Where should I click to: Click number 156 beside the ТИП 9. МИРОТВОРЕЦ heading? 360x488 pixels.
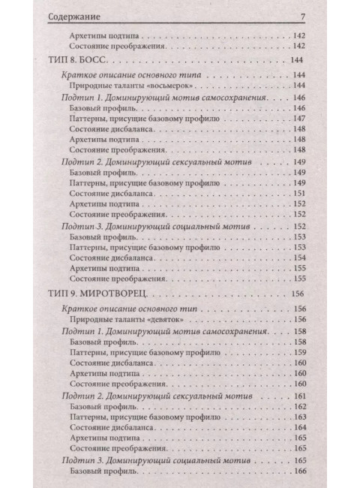[299, 294]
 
